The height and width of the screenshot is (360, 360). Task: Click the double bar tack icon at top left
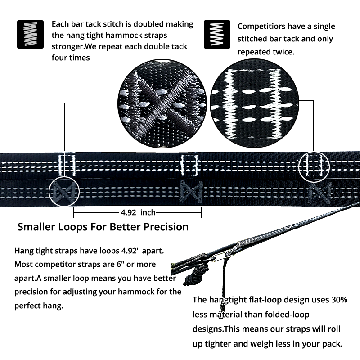point(30,35)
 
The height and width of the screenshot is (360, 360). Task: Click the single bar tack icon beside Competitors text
point(217,35)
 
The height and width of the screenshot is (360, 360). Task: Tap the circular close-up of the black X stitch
point(162,103)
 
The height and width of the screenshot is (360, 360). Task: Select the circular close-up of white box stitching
point(254,103)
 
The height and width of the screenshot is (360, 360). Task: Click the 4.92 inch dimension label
point(138,212)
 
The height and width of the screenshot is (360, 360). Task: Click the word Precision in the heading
point(166,227)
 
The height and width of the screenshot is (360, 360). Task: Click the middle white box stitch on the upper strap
point(189,165)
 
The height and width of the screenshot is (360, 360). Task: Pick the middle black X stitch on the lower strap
point(191,192)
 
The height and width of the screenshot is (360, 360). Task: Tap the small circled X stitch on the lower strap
point(64,192)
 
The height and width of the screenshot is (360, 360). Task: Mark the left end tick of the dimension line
point(73,212)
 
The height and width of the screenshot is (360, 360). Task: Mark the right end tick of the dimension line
point(202,212)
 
